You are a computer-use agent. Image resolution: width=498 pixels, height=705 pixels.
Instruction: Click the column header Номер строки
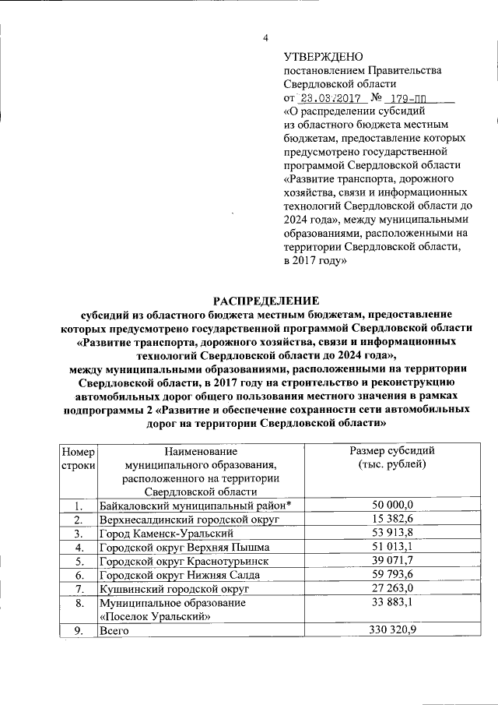78,457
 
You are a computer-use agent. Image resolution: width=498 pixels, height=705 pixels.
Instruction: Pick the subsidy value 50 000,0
393,506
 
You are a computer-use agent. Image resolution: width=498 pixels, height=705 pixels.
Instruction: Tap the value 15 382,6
393,520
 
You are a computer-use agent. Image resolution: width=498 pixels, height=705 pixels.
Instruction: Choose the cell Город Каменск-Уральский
166,534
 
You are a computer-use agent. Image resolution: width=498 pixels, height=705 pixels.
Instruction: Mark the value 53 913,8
393,534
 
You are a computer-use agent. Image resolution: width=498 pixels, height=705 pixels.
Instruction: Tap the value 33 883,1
393,604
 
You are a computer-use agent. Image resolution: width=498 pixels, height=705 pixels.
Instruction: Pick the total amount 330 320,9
392,632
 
